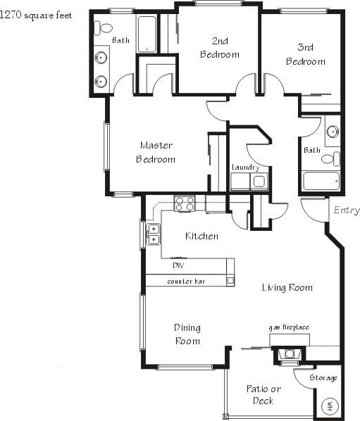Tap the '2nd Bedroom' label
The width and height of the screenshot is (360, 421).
pyautogui.click(x=219, y=47)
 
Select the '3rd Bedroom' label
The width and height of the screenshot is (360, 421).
pyautogui.click(x=305, y=54)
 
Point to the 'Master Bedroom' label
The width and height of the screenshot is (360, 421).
pyautogui.click(x=156, y=152)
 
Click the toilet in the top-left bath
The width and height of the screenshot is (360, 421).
pyautogui.click(x=104, y=29)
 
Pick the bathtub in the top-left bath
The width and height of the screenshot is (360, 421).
pyautogui.click(x=147, y=34)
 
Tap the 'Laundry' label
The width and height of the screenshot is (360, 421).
pyautogui.click(x=245, y=168)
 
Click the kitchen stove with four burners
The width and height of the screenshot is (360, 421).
pyautogui.click(x=185, y=204)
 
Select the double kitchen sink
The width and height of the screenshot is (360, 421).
pyautogui.click(x=153, y=234)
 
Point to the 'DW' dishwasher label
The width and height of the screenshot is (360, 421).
pyautogui.click(x=178, y=266)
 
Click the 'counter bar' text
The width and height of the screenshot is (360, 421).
pyautogui.click(x=186, y=282)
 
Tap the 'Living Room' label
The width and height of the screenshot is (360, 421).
pyautogui.click(x=287, y=287)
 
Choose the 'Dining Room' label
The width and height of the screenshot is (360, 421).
pyautogui.click(x=187, y=334)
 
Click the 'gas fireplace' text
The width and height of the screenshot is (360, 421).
pyautogui.click(x=289, y=328)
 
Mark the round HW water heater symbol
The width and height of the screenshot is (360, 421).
pyautogui.click(x=329, y=406)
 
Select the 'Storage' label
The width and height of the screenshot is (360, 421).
pyautogui.click(x=323, y=378)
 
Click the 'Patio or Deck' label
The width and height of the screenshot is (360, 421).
pyautogui.click(x=263, y=394)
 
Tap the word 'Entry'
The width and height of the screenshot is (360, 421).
pyautogui.click(x=346, y=210)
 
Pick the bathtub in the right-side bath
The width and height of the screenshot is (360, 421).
pyautogui.click(x=321, y=181)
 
